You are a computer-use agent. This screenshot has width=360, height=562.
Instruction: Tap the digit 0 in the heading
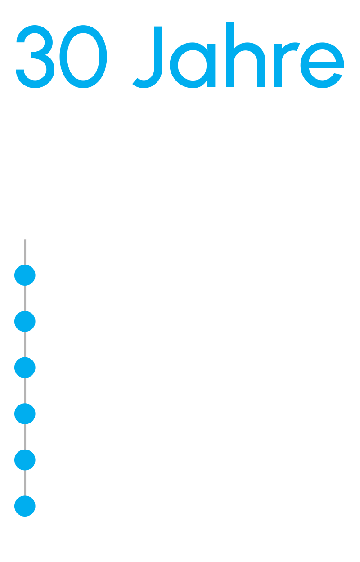point(83,56)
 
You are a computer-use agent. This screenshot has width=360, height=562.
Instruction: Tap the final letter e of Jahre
point(322,65)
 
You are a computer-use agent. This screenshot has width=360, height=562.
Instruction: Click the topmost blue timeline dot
point(25,275)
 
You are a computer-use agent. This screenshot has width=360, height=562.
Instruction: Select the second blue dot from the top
point(25,321)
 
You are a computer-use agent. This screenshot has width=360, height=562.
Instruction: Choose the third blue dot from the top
point(25,368)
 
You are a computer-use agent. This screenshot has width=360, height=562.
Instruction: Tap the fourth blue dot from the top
point(25,414)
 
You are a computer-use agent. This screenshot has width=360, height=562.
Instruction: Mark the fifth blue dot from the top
point(25,460)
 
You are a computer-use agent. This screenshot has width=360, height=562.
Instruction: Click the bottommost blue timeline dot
point(25,506)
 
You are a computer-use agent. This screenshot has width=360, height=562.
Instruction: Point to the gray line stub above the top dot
point(25,252)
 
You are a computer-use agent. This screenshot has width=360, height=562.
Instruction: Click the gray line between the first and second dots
point(25,298)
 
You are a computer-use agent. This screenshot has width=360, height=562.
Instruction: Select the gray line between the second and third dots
point(25,345)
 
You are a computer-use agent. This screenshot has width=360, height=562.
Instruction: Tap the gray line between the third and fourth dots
point(25,391)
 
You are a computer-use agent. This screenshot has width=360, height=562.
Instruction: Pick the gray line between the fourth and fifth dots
point(25,437)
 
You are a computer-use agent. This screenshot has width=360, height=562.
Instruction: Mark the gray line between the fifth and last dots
point(25,483)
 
